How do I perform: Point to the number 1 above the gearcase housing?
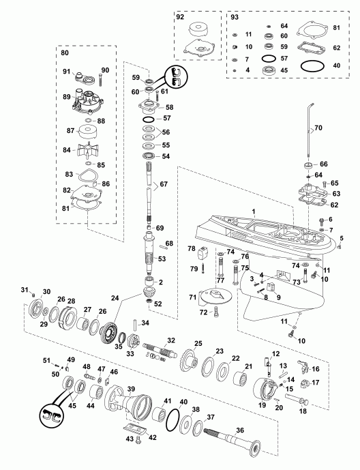tap(254, 212)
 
